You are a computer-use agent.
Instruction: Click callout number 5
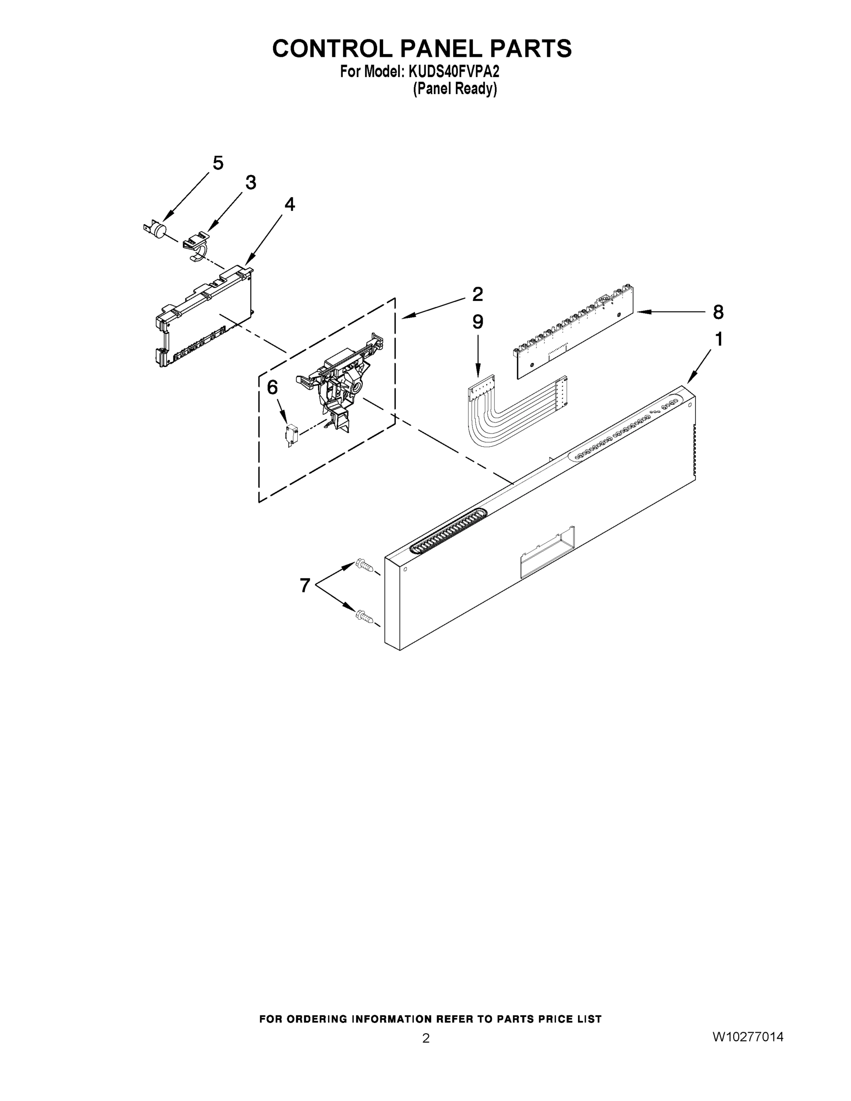click(218, 163)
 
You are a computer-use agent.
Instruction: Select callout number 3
click(250, 183)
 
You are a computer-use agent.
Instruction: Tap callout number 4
click(289, 204)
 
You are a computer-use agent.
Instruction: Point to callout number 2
click(478, 294)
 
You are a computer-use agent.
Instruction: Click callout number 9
click(478, 322)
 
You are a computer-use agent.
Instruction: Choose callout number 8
click(718, 312)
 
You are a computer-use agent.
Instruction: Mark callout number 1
click(719, 339)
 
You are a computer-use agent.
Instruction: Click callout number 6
click(272, 387)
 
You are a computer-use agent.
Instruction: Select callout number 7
click(305, 585)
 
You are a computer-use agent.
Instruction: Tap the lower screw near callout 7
click(365, 617)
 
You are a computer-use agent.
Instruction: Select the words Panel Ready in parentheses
click(455, 89)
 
